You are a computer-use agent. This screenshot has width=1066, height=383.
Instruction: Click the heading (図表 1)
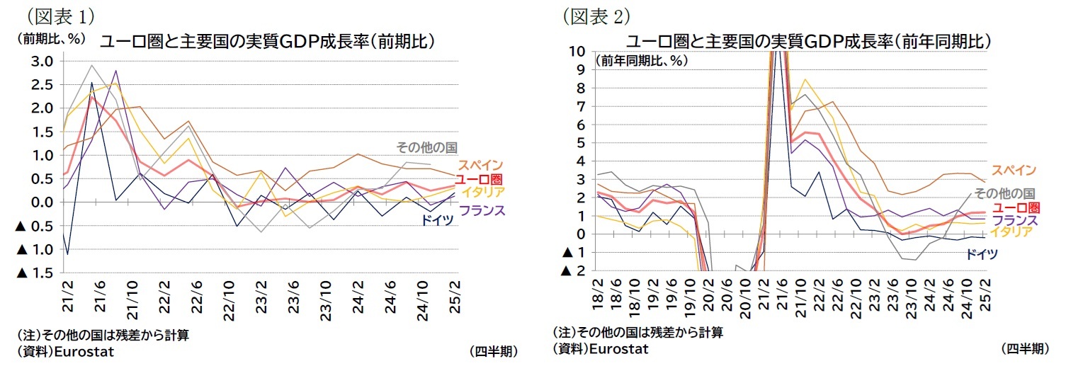click(x=60, y=15)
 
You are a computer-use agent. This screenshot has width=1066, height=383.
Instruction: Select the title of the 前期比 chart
click(x=266, y=42)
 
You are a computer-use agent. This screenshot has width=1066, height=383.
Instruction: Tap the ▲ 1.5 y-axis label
click(x=35, y=273)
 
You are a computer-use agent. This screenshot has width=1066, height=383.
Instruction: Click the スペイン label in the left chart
click(x=480, y=165)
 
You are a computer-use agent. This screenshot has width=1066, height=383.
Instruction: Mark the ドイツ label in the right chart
click(x=982, y=254)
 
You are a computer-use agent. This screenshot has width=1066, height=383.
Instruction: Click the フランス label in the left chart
click(x=482, y=210)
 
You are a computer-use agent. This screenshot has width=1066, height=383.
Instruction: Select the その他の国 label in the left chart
click(x=426, y=148)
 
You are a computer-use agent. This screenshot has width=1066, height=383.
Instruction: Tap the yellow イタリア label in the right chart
click(x=1011, y=232)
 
